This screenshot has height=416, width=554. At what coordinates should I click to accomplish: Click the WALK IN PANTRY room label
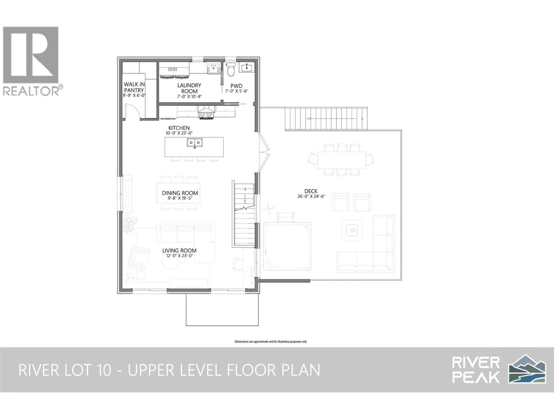134,87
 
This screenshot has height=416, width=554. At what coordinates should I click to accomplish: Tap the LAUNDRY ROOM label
189,88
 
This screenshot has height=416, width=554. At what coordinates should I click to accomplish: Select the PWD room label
236,86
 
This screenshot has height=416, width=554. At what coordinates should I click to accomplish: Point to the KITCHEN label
179,128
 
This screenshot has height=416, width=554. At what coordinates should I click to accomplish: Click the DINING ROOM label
180,193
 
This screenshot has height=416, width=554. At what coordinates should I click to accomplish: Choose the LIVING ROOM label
179,251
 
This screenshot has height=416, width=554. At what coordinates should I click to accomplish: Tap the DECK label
311,191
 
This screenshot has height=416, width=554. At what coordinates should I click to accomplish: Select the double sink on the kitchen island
195,143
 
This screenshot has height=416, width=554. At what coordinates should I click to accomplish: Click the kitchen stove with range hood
206,112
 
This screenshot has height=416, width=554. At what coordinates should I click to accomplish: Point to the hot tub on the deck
287,246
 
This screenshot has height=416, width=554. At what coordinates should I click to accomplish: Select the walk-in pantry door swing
134,112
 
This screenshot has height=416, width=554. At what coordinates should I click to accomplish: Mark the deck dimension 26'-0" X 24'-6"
311,196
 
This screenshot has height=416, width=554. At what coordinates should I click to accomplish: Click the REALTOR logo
33,61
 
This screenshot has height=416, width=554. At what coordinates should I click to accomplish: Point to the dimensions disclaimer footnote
270,342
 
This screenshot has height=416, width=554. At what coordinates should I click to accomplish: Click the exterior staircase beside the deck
326,119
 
